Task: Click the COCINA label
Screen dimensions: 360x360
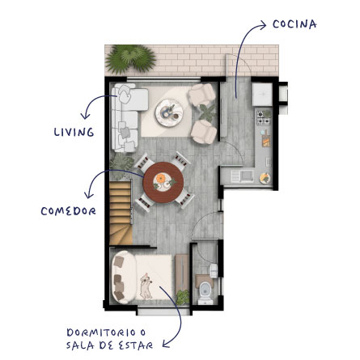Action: [x=294, y=24]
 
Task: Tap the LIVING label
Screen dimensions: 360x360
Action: [x=74, y=132]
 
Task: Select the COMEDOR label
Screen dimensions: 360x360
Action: [x=68, y=211]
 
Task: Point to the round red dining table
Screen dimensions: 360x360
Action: [x=163, y=182]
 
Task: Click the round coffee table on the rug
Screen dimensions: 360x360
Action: [x=170, y=112]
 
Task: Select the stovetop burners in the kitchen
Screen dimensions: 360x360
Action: [x=263, y=118]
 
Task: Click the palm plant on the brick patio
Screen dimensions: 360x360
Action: [x=130, y=59]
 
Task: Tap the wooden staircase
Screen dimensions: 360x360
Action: [x=121, y=213]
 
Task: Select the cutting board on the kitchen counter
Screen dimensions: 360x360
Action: [x=266, y=139]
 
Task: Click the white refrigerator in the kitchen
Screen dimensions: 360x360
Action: [x=262, y=94]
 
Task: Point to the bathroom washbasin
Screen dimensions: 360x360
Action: [x=214, y=271]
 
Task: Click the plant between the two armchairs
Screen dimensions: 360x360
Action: [x=207, y=112]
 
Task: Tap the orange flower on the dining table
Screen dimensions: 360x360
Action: [x=161, y=178]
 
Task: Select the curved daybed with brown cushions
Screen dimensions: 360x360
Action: [x=124, y=277]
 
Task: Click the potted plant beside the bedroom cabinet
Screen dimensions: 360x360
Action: [x=183, y=298]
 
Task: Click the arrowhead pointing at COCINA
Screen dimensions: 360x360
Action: [x=263, y=26]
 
